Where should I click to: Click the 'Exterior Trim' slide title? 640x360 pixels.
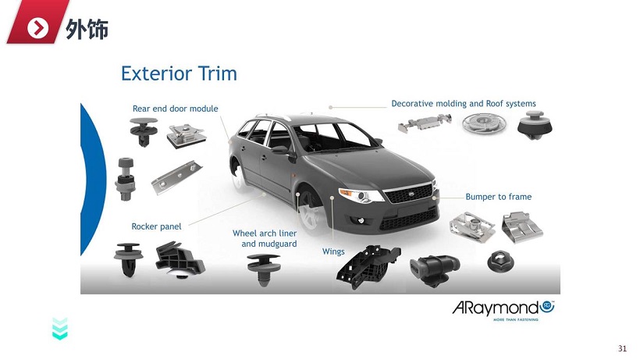179,73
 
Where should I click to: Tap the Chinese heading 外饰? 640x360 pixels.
87,29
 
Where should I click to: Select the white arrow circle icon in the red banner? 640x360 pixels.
37,28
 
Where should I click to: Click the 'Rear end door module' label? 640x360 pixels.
175,109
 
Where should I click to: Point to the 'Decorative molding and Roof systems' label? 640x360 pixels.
464,104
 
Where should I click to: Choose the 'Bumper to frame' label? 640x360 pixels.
499,197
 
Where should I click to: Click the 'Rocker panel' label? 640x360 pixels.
156,226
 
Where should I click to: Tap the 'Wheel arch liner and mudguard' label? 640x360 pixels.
265,238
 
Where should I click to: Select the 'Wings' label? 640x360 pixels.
333,251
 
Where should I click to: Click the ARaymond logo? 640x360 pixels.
503,310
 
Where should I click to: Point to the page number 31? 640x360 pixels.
622,348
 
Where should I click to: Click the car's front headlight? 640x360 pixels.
361,195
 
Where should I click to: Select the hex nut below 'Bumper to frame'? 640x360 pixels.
501,262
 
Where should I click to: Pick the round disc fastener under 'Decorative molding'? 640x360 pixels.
484,123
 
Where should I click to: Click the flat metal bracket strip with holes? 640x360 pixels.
176,176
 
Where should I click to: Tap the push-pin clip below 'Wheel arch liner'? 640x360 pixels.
264,269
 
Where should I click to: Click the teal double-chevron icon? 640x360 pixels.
60,329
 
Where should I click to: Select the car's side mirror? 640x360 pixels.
280,151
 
